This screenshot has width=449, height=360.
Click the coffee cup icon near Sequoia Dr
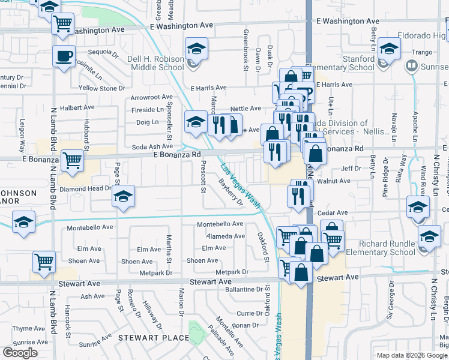coord(64,56)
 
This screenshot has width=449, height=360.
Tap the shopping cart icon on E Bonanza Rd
coord(72,161)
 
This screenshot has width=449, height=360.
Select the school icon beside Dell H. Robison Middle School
coord(196,49)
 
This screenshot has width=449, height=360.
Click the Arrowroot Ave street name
coord(152,97)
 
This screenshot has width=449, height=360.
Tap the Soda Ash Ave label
coord(152,146)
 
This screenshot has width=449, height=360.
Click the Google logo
coord(20,353)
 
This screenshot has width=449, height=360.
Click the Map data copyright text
coord(412,355)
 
